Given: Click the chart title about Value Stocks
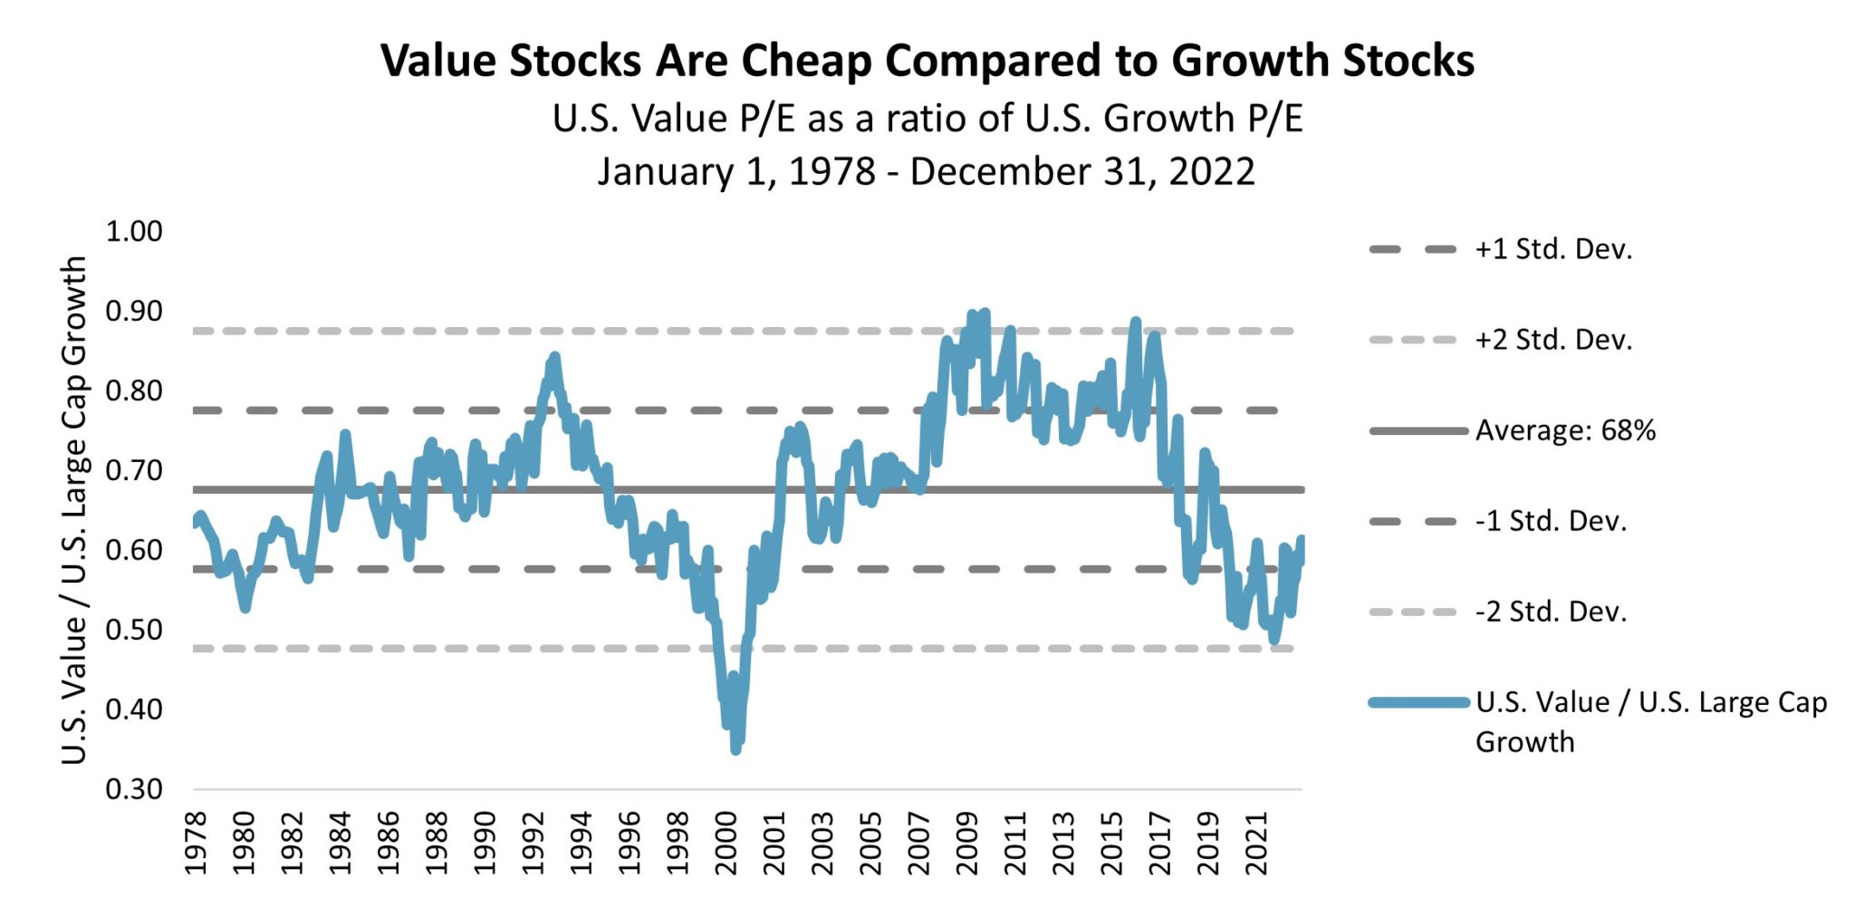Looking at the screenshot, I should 927,62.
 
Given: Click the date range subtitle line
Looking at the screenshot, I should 926,171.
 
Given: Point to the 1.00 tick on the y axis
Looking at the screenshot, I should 134,232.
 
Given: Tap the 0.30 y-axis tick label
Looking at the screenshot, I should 134,789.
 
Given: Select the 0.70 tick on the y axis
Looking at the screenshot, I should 134,470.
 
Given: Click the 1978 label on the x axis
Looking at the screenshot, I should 196,843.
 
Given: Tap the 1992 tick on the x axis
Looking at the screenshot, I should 533,843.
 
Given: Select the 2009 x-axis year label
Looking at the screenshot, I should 967,843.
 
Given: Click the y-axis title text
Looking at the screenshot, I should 74,509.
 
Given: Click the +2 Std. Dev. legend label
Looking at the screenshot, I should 1553,340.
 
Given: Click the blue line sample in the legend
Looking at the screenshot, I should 1418,702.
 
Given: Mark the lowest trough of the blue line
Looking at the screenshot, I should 735,749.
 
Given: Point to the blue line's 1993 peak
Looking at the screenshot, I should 554,356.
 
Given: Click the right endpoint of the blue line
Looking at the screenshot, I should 1302,539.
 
